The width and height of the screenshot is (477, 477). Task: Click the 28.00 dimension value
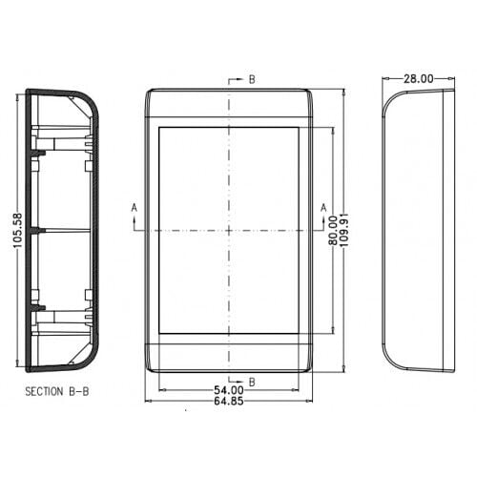(x=419, y=78)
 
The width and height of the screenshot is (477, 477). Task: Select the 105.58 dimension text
(x=18, y=231)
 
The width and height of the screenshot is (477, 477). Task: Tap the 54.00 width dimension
(x=229, y=390)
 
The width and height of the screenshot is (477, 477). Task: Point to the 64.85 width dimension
(x=229, y=401)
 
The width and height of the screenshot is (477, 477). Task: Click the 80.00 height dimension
(x=333, y=231)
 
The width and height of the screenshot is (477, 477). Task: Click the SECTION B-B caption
(x=57, y=391)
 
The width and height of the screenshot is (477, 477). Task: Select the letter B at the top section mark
(x=252, y=79)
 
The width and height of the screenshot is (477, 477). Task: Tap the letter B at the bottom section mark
(x=252, y=382)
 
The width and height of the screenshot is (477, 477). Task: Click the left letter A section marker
(x=135, y=208)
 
